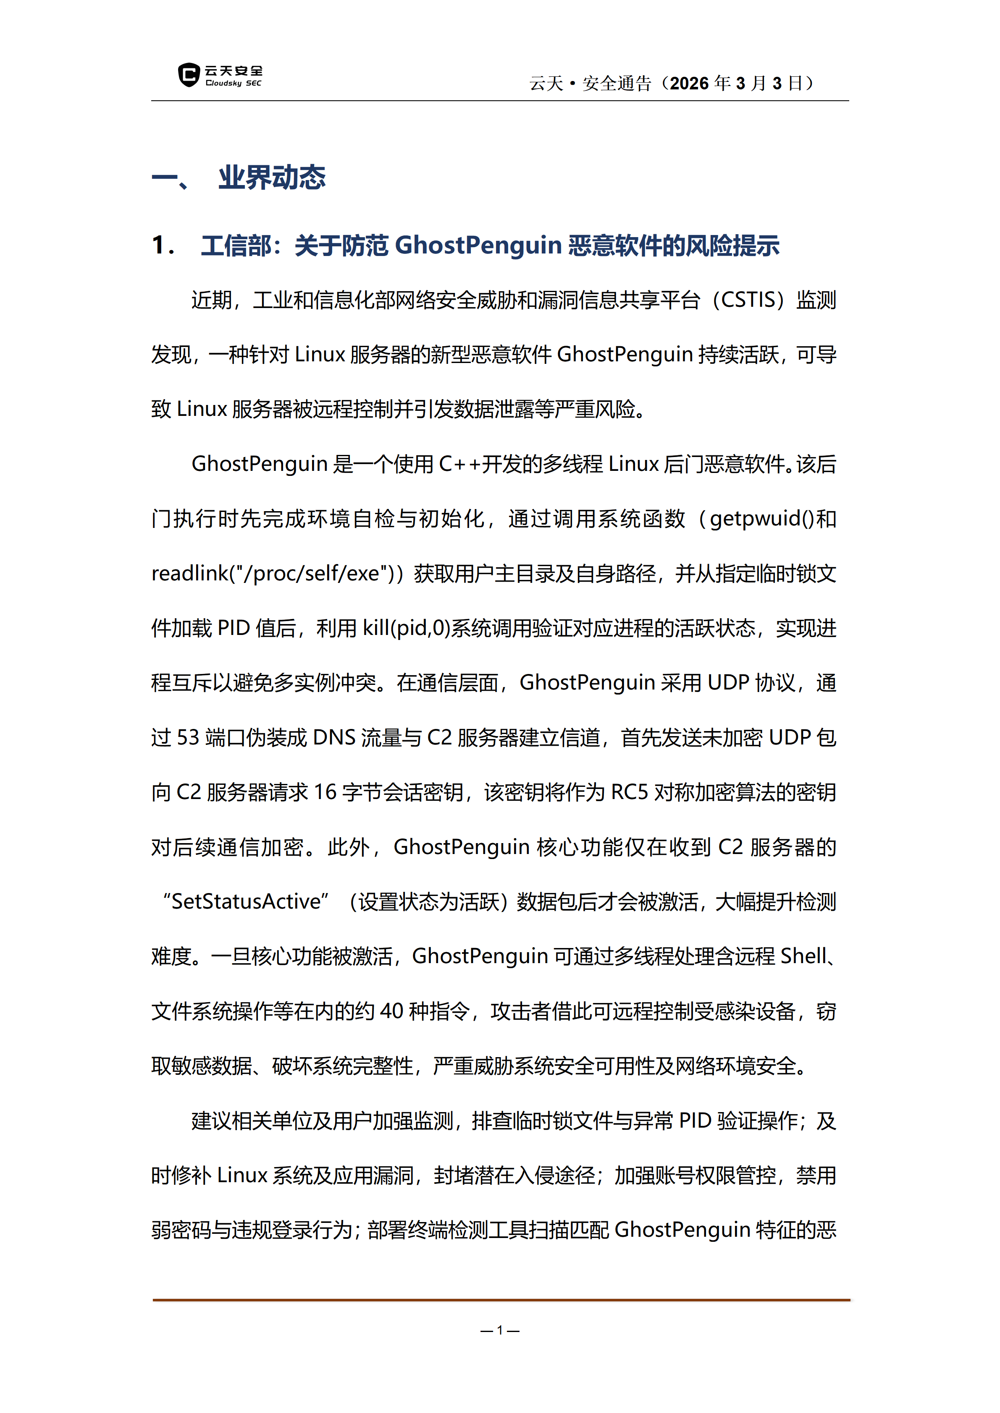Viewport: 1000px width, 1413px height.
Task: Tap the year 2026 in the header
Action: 689,84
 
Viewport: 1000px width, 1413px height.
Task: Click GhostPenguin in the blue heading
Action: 478,246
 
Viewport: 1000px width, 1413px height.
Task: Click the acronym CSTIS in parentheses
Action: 748,300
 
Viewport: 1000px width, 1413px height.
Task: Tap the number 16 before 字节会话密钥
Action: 325,792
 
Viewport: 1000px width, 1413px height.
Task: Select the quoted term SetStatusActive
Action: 246,901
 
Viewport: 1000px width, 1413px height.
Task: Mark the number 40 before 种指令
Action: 391,1011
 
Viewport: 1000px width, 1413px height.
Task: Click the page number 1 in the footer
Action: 500,1330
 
